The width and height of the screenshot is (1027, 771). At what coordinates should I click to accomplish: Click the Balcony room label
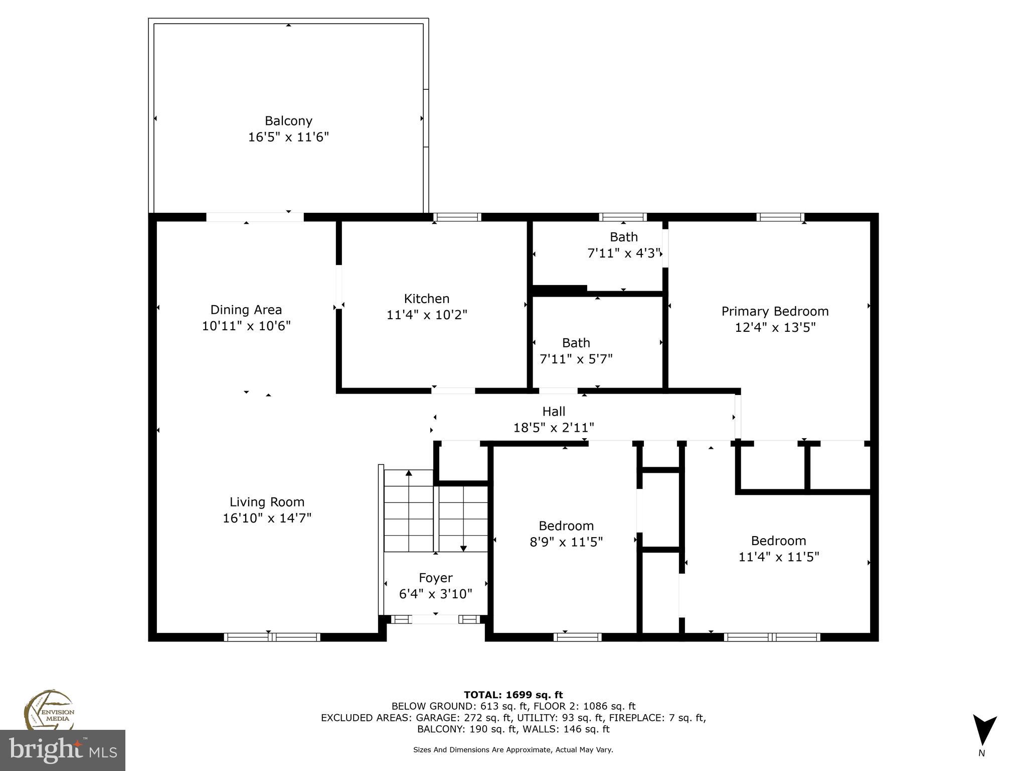[x=288, y=121]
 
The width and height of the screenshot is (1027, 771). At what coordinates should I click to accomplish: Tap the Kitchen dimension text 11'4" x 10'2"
[x=427, y=315]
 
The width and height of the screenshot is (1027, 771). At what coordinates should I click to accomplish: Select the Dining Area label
[x=246, y=310]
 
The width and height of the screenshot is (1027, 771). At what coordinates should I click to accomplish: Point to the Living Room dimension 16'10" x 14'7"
[x=267, y=518]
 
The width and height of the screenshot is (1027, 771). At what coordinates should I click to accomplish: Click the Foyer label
[x=435, y=578]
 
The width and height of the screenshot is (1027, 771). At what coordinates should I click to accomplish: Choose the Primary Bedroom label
[x=775, y=311]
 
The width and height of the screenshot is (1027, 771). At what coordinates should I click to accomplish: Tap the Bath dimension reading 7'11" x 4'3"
[x=623, y=253]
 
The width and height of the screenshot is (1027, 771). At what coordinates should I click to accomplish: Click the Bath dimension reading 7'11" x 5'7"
[x=576, y=359]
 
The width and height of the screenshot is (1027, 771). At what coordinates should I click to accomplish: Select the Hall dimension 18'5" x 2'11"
[x=554, y=428]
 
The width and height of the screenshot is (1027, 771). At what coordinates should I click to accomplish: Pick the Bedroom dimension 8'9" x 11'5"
[x=566, y=542]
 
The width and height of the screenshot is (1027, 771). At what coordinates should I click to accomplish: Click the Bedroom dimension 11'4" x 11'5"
[x=778, y=557]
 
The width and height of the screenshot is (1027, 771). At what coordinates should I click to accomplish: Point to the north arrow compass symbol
[x=984, y=731]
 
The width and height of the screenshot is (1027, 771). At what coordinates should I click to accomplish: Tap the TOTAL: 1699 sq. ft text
[x=513, y=695]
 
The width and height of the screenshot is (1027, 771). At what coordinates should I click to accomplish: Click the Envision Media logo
[x=49, y=710]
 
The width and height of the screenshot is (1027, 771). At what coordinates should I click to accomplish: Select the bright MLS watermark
[x=63, y=750]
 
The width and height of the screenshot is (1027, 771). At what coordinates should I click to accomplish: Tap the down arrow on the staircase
[x=463, y=548]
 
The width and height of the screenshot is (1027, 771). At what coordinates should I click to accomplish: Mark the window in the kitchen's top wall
[x=457, y=217]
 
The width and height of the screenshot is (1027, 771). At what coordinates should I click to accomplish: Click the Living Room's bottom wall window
[x=272, y=637]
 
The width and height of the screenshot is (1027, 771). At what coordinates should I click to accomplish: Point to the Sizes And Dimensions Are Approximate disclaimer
[x=513, y=750]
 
